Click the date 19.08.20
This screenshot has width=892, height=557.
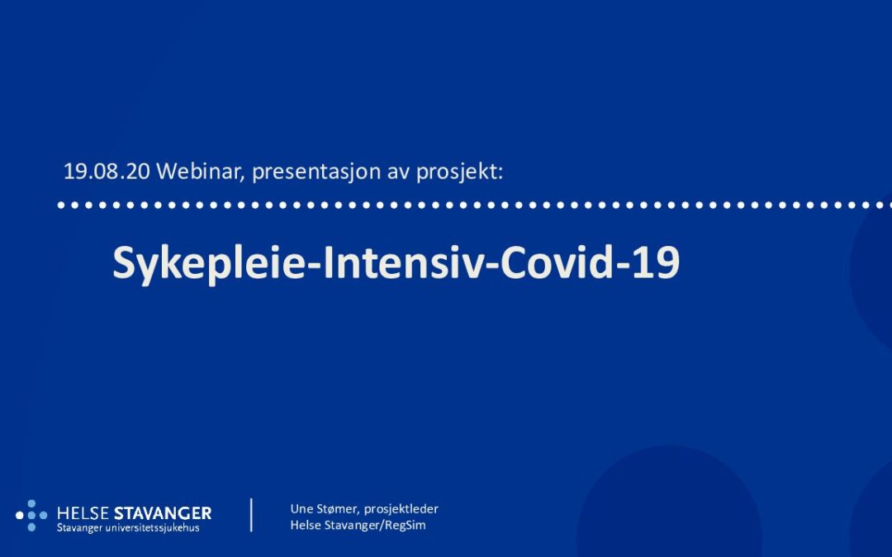pyautogui.click(x=107, y=171)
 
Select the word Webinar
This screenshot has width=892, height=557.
pyautogui.click(x=200, y=171)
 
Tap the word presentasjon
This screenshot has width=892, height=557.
pyautogui.click(x=316, y=172)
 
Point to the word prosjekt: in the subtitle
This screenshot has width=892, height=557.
pyautogui.click(x=460, y=172)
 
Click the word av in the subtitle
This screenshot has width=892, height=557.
pyautogui.click(x=398, y=173)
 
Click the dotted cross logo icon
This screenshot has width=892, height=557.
pyautogui.click(x=31, y=516)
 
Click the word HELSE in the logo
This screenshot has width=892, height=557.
pyautogui.click(x=83, y=514)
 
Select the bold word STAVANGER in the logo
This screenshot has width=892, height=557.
pyautogui.click(x=163, y=514)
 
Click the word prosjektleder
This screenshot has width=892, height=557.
pyautogui.click(x=401, y=509)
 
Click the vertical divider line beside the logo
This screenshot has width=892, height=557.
pyautogui.click(x=251, y=515)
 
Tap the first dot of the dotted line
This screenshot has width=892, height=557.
pyautogui.click(x=61, y=205)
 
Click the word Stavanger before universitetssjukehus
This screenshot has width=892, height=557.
pyautogui.click(x=79, y=529)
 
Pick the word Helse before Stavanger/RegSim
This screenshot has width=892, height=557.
pyautogui.click(x=306, y=525)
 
